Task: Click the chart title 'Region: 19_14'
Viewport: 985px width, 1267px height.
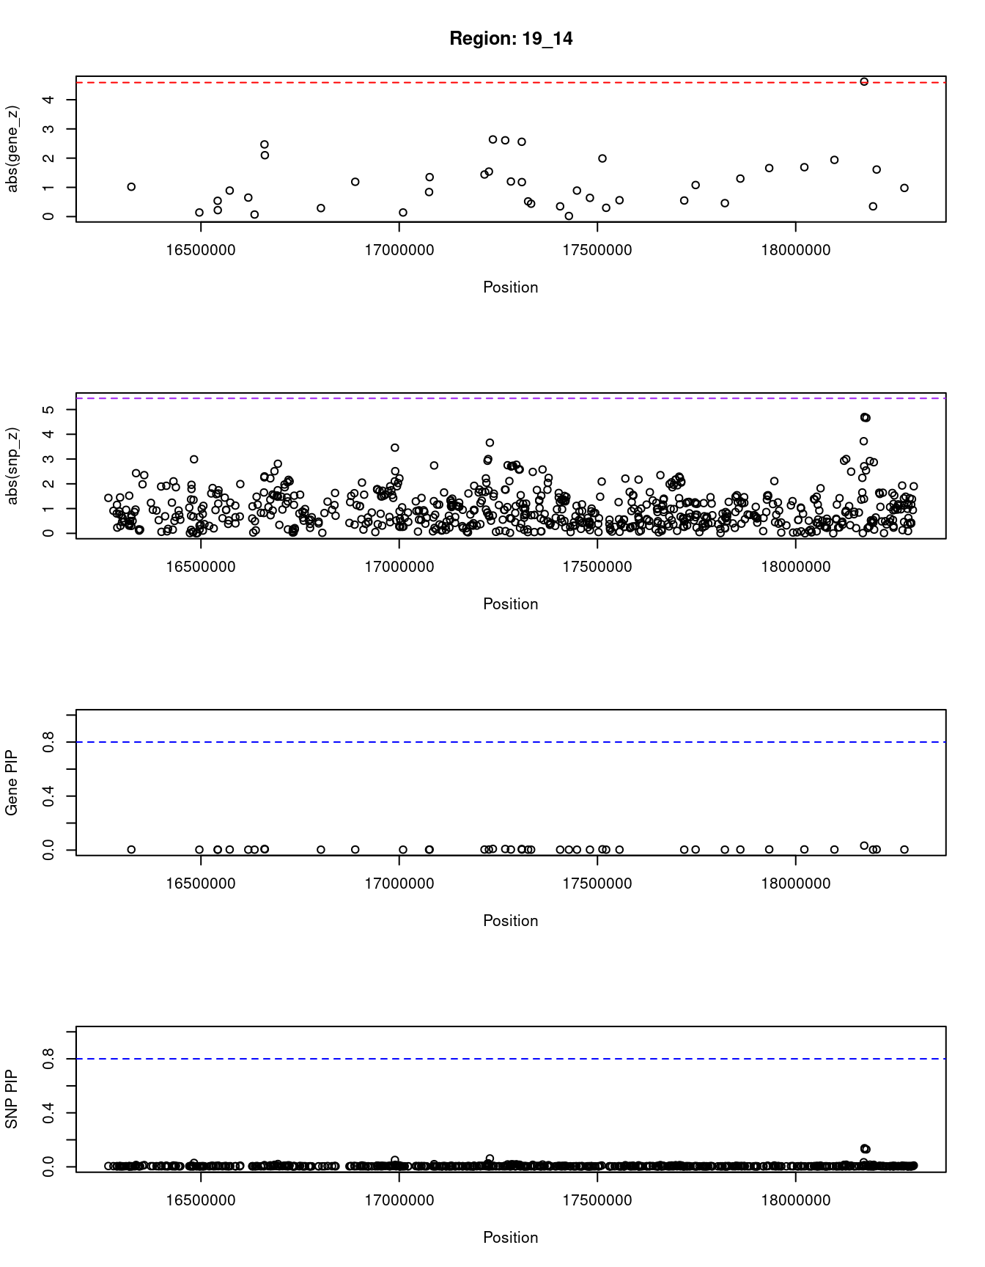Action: [x=511, y=39]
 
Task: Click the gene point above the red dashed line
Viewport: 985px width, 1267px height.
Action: [x=864, y=81]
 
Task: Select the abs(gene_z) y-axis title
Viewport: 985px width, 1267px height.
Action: [x=12, y=149]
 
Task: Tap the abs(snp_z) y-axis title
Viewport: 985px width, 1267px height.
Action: [x=12, y=466]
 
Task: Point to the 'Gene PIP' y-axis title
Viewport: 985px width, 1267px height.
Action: [x=12, y=783]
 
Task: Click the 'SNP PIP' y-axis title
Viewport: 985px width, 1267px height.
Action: [x=12, y=1099]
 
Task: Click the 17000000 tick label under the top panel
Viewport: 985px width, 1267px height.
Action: [x=399, y=250]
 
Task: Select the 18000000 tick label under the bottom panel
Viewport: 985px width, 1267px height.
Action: [x=796, y=1200]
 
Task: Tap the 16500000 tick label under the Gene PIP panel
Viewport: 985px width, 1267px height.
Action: [x=201, y=884]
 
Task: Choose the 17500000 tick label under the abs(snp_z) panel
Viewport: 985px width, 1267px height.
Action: [x=597, y=567]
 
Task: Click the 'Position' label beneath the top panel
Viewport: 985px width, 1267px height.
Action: [x=511, y=287]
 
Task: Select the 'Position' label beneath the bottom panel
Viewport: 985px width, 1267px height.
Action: [x=511, y=1238]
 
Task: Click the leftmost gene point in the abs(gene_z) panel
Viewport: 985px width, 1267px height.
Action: [x=131, y=187]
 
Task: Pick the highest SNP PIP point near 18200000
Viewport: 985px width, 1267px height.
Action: [x=865, y=1148]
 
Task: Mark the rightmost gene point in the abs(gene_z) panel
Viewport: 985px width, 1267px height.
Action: [x=904, y=188]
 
